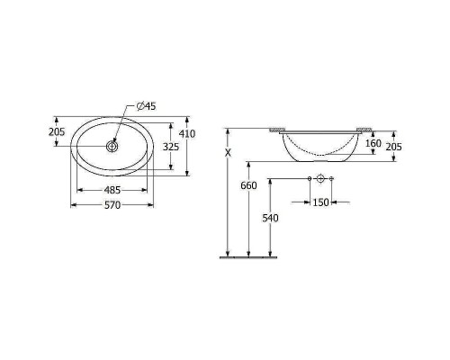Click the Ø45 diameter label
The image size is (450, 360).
pos(145,107)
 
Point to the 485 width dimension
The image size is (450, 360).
pos(113,190)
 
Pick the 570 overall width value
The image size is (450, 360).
pos(113,205)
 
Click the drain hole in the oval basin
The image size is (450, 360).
pos(113,145)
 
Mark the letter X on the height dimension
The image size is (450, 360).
pos(229,154)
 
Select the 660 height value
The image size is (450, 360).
pos(249,185)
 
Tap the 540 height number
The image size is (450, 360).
pos(270,218)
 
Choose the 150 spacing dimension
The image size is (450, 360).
pos(320,202)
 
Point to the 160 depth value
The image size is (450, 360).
pos(373,143)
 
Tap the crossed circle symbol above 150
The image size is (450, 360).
pos(320,179)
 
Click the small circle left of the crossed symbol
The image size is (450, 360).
pos(309,179)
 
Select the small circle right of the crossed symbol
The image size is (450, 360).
pos(332,179)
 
